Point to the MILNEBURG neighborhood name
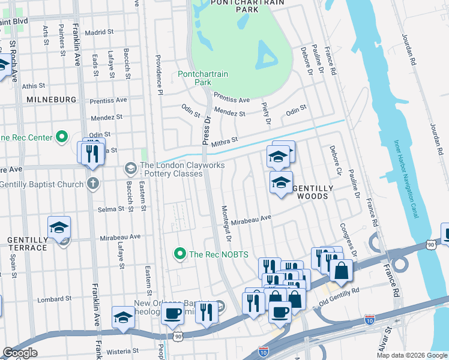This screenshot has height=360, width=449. click(51, 100)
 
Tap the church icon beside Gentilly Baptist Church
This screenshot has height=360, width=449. click(92, 183)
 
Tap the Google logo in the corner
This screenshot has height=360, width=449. click(20, 353)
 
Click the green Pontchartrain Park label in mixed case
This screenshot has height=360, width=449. click(203, 78)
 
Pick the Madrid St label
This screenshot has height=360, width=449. click(99, 32)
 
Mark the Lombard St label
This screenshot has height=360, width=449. click(54, 298)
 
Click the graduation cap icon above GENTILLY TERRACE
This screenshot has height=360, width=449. click(59, 228)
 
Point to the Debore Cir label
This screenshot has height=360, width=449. click(336, 160)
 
